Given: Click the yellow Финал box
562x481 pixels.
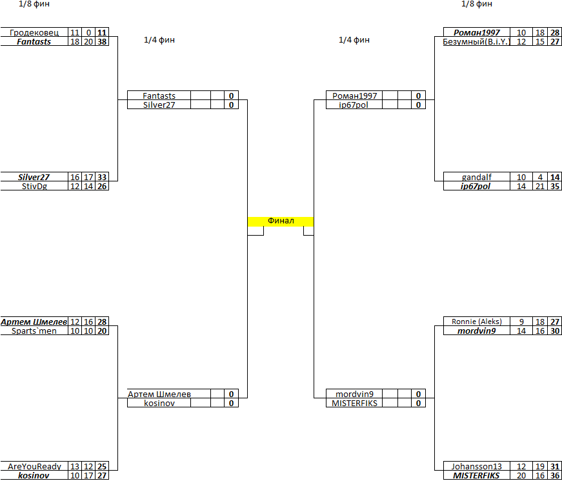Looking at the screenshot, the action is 281,221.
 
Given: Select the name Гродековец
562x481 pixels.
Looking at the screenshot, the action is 34,33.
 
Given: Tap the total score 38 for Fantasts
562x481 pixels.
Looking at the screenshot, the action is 102,41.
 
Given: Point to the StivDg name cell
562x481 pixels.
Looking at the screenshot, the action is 34,186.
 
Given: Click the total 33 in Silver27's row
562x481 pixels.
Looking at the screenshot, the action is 102,177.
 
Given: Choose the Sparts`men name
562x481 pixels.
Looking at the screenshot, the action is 34,331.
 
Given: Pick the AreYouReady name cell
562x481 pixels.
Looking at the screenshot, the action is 34,466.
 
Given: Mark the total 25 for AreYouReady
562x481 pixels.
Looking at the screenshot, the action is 102,466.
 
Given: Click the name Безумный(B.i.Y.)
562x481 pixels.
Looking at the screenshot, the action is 477,41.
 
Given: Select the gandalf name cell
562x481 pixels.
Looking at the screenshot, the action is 477,177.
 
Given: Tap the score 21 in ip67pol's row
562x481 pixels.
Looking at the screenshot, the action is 540,186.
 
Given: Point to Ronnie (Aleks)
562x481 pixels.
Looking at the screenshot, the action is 477,322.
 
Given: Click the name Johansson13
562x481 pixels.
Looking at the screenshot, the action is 477,466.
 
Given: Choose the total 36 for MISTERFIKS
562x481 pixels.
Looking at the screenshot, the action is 555,476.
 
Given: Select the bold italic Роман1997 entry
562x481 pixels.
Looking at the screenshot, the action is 477,33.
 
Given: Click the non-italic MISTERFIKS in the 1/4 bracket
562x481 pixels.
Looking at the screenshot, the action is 354,403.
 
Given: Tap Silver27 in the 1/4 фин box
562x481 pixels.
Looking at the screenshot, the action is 159,105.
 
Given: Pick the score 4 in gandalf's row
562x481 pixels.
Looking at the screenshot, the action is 540,177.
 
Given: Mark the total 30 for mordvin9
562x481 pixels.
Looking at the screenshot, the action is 555,331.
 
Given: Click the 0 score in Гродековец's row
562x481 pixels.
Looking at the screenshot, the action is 88,33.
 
